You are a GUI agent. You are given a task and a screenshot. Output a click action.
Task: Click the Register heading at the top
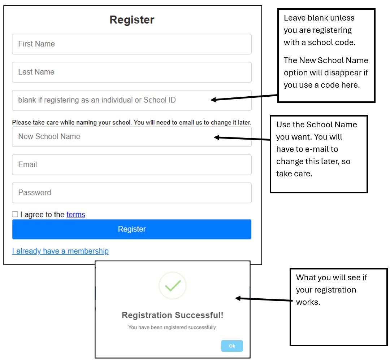click(x=132, y=20)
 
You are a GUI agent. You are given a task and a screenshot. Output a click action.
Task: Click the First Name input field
click(x=131, y=44)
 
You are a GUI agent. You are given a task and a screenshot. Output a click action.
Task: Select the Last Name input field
click(x=131, y=72)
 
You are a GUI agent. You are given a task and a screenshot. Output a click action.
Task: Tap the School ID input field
click(x=131, y=100)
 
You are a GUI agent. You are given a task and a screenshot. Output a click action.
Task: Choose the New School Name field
click(x=131, y=137)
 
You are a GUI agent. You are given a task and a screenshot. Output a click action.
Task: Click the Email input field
click(x=131, y=165)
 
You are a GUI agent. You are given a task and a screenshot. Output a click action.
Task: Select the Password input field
click(x=131, y=193)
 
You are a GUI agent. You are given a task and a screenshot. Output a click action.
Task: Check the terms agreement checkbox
click(x=15, y=214)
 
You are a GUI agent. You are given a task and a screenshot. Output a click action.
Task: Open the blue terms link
click(x=76, y=215)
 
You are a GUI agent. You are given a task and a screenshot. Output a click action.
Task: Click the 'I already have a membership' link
click(x=60, y=251)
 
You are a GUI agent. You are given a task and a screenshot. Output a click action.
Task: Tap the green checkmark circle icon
click(x=173, y=286)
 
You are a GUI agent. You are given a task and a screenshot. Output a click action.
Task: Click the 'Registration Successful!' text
click(x=173, y=315)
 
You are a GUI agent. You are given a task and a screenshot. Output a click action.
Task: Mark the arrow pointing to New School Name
click(x=242, y=138)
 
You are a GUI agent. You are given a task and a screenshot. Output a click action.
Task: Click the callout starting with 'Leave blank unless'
click(x=326, y=56)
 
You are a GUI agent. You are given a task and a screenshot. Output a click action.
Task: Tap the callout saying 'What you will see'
click(x=338, y=307)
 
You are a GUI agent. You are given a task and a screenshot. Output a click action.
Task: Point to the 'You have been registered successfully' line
click(x=173, y=328)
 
